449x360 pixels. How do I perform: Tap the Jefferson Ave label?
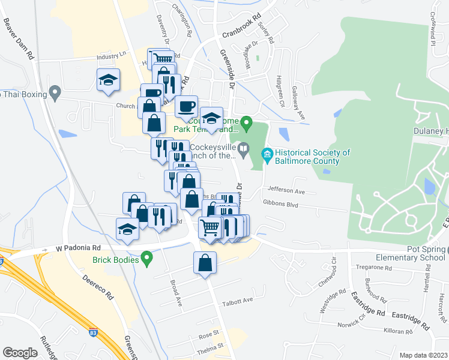click(x=287, y=191)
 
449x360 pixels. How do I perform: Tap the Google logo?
click(x=20, y=353)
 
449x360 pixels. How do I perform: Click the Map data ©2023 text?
click(x=423, y=355)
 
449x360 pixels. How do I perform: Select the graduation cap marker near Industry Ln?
click(x=109, y=80)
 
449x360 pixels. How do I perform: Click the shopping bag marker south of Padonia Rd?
click(x=205, y=263)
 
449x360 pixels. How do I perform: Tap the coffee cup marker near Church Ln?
click(x=186, y=106)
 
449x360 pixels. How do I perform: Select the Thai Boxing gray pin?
click(x=55, y=93)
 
